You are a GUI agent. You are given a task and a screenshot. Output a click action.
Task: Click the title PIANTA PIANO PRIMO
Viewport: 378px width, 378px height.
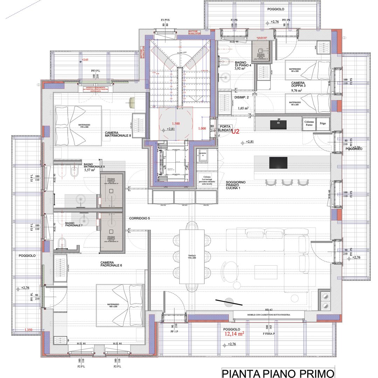278,372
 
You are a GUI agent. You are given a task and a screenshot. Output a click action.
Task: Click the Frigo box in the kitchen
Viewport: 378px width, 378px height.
323,124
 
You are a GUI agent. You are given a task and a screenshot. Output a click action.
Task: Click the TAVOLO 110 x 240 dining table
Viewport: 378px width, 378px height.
192,257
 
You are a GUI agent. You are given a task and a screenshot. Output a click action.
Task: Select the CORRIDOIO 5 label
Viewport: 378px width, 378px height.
139,218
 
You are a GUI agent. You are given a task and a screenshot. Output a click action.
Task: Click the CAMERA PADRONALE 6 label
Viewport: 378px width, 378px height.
111,264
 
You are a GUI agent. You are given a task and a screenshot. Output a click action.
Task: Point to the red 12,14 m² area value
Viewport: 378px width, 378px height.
234,334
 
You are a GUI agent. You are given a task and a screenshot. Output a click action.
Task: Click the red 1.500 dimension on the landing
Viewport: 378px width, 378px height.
176,124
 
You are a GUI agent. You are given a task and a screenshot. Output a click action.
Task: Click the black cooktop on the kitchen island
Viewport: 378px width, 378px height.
278,163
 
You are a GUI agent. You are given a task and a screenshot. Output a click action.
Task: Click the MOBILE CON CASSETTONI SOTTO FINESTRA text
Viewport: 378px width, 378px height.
268,315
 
